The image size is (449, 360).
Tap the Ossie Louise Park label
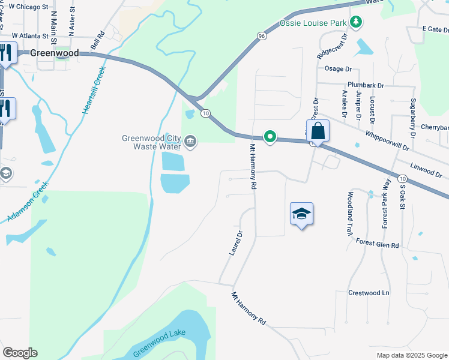tap(314, 23)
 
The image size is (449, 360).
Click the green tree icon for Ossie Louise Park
tap(357, 22)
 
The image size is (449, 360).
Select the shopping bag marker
tap(318, 130)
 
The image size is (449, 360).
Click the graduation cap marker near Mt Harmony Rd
tap(301, 214)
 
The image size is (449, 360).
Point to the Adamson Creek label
tap(27, 205)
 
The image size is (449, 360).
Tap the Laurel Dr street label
tap(235, 243)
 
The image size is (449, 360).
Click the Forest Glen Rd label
tap(377, 245)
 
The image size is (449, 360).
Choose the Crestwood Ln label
tap(369, 293)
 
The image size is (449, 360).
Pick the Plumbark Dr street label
tap(365, 86)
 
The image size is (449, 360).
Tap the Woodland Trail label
tap(349, 214)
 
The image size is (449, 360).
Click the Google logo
tap(20, 353)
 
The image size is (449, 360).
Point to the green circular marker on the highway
tap(270, 137)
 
